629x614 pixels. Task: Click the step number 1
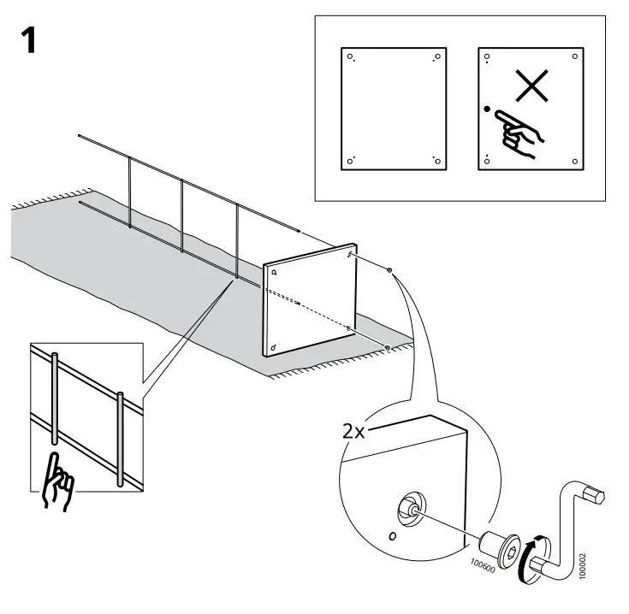click(x=29, y=39)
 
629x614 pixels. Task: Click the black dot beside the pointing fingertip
click(x=486, y=109)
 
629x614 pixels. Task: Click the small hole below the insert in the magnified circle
click(x=393, y=537)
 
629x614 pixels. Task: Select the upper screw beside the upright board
click(x=390, y=271)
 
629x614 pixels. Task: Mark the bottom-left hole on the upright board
click(x=272, y=348)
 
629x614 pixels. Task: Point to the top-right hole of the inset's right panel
click(x=574, y=58)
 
